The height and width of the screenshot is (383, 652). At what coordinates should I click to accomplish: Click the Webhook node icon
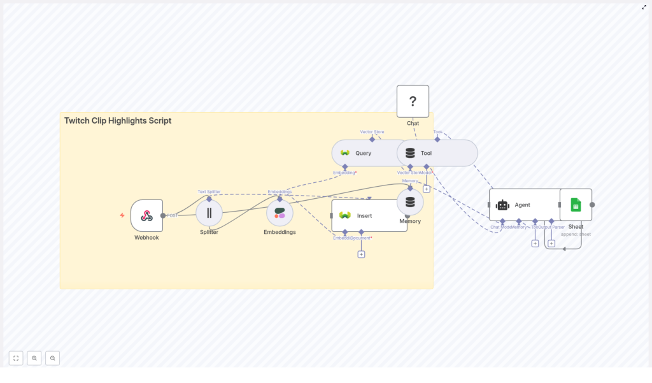[x=146, y=215]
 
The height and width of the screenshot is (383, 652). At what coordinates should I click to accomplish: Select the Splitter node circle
[x=209, y=213]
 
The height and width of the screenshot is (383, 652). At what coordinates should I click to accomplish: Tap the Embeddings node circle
[x=280, y=213]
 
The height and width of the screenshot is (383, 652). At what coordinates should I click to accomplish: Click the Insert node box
[x=369, y=215]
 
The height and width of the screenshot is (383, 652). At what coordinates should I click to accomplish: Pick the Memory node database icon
[x=410, y=202]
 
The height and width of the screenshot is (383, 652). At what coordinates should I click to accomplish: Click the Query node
[x=363, y=153]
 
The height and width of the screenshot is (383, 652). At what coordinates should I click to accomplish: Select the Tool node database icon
[x=410, y=153]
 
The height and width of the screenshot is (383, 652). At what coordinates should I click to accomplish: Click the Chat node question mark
[x=413, y=101]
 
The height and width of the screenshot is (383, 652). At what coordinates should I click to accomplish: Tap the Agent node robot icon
[x=503, y=205]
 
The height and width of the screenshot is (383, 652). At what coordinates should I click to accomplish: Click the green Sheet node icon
[x=576, y=205]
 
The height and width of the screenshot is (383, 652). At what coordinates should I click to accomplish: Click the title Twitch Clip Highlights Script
[x=118, y=120]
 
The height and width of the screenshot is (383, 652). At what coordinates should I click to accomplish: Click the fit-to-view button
[x=16, y=358]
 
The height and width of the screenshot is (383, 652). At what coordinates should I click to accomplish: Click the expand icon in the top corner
[x=644, y=7]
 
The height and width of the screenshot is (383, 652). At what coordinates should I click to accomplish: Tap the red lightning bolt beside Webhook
[x=122, y=215]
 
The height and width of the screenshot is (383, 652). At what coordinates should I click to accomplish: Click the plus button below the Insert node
[x=361, y=254]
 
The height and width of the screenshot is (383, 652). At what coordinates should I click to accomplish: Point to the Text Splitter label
[x=209, y=191]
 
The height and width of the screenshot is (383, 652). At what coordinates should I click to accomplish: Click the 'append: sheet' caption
[x=576, y=234]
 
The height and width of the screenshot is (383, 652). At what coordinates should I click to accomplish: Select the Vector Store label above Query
[x=372, y=132]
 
